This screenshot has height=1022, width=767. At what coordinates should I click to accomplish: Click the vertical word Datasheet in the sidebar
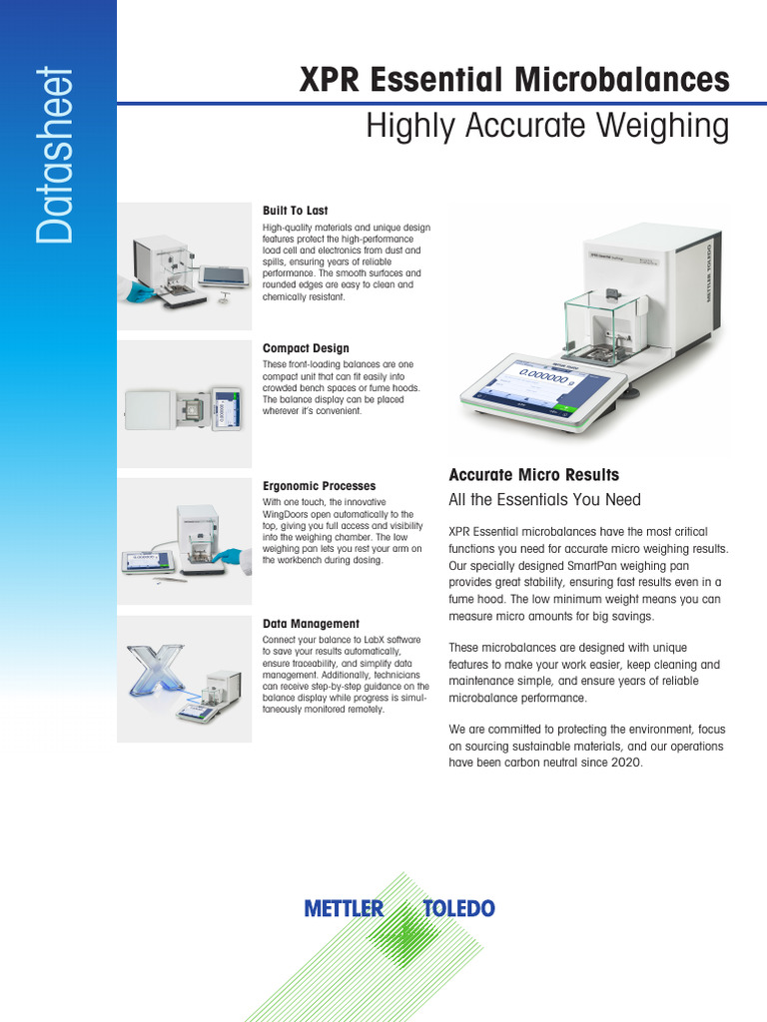click(x=55, y=155)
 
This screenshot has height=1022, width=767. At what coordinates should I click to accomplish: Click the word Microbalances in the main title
click(x=621, y=80)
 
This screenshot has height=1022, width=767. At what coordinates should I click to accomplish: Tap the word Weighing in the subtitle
click(x=663, y=127)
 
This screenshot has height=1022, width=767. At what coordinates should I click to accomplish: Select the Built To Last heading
click(x=296, y=211)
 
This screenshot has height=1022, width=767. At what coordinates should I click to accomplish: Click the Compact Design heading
click(x=306, y=348)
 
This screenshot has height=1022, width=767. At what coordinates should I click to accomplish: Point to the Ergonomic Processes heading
click(x=319, y=486)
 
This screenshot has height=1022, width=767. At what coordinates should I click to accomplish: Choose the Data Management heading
click(x=312, y=623)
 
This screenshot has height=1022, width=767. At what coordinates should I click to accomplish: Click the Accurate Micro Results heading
click(x=534, y=474)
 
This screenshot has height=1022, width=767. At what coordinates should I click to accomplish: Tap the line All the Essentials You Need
click(x=544, y=499)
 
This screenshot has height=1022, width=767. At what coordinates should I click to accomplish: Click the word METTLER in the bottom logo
click(x=344, y=908)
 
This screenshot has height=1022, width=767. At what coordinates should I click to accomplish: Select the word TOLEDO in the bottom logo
click(x=458, y=908)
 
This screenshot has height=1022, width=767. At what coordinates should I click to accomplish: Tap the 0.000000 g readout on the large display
click(x=546, y=376)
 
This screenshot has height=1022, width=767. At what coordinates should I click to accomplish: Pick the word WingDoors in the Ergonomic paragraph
click(x=285, y=514)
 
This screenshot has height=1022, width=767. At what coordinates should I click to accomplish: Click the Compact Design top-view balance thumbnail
click(x=185, y=409)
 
